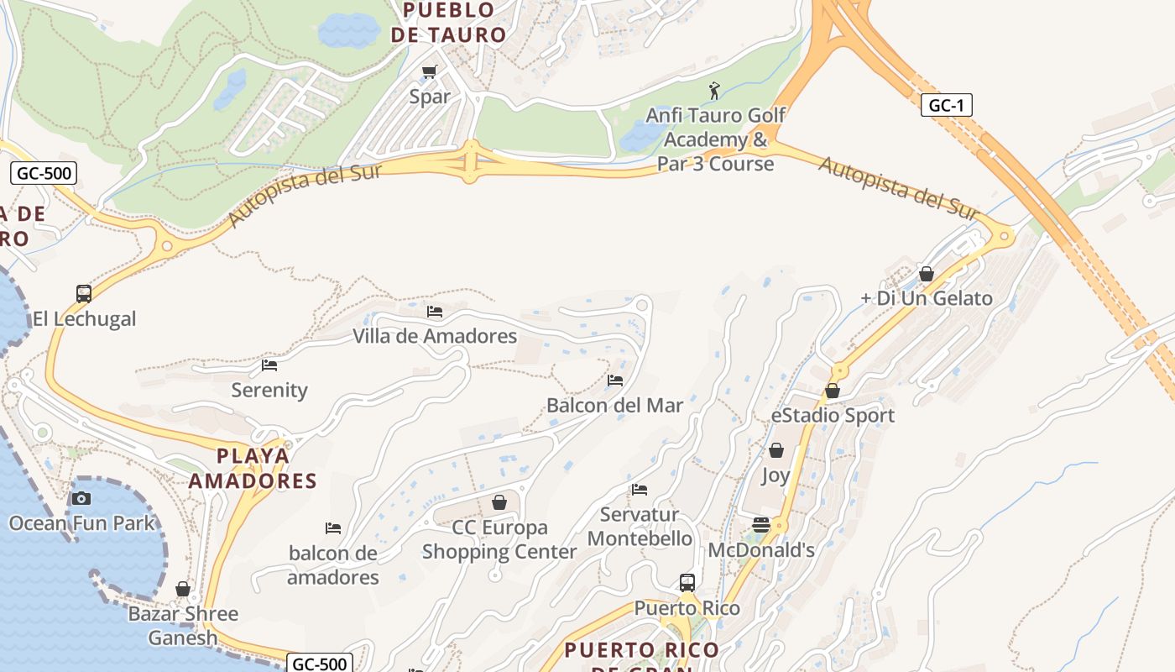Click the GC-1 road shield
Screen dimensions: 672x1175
pos(946,106)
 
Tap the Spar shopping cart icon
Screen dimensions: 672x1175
pos(430,72)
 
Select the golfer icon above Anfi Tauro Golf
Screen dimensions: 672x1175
pos(714,90)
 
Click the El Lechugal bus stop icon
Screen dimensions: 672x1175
pos(84,294)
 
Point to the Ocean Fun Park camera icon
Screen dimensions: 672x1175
pos(81,498)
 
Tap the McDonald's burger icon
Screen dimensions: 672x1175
pos(761,525)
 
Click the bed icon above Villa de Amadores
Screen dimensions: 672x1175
pos(435,311)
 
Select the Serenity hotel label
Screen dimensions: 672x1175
pos(269,390)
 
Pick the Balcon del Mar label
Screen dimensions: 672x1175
pos(614,406)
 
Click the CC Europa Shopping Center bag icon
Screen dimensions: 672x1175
pos(499,502)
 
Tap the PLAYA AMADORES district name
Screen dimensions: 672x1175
pos(253,469)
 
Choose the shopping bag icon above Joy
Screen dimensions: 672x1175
pos(776,451)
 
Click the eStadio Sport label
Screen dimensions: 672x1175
pos(833,416)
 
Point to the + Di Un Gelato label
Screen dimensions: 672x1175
pos(927,298)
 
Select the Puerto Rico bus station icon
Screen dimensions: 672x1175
pos(687,582)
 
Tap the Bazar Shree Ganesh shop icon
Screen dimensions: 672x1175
pos(183,589)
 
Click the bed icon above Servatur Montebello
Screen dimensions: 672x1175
pos(640,490)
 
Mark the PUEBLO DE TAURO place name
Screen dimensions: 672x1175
pos(449,23)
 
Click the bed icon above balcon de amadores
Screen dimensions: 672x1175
pos(333,528)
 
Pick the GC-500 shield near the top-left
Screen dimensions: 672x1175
pos(44,174)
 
